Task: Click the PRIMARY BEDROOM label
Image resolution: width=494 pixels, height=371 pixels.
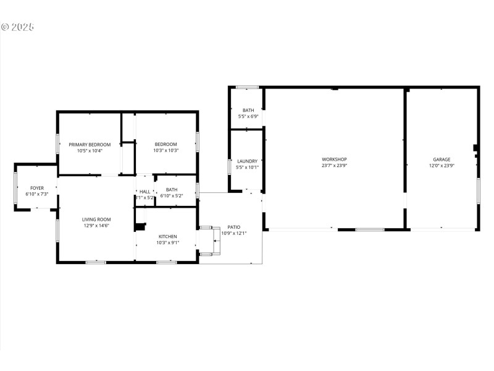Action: (90, 144)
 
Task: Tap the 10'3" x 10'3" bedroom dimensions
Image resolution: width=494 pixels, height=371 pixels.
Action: (165, 150)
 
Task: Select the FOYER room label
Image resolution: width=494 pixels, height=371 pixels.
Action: (37, 187)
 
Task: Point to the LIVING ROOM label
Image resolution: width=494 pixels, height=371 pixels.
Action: (97, 219)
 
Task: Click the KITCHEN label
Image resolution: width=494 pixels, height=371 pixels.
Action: (168, 236)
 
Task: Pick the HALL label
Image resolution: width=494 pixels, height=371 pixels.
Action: (145, 191)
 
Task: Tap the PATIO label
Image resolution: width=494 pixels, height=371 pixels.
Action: (234, 227)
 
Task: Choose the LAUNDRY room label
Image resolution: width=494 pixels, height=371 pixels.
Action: (247, 161)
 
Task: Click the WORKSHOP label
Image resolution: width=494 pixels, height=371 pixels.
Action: (334, 159)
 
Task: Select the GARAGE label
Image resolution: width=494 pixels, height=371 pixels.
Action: (442, 159)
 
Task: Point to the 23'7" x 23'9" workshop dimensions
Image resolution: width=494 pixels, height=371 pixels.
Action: (334, 165)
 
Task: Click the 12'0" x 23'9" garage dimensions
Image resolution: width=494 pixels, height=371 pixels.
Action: (442, 165)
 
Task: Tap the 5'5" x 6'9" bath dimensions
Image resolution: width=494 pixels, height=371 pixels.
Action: (248, 116)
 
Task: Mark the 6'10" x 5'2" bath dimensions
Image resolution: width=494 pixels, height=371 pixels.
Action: (172, 196)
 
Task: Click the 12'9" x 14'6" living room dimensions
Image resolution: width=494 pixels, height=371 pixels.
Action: (97, 226)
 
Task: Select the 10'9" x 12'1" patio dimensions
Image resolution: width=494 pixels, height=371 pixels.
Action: (234, 233)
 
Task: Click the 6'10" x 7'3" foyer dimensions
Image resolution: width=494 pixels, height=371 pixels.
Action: (37, 194)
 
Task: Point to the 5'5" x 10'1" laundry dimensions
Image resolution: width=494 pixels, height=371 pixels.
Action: (247, 167)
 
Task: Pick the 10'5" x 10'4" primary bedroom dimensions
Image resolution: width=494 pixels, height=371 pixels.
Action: (90, 150)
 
